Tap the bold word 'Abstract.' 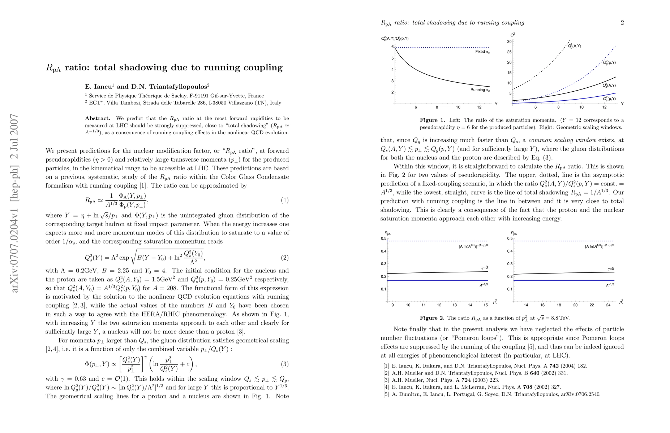[98, 118]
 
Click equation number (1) [285, 200]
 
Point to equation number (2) [285, 258]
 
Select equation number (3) [285, 364]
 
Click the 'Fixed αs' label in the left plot [482, 52]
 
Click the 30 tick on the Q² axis [509, 41]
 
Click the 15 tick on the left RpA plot [486, 305]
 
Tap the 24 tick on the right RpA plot [608, 305]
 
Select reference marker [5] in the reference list [386, 394]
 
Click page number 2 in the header [622, 22]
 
